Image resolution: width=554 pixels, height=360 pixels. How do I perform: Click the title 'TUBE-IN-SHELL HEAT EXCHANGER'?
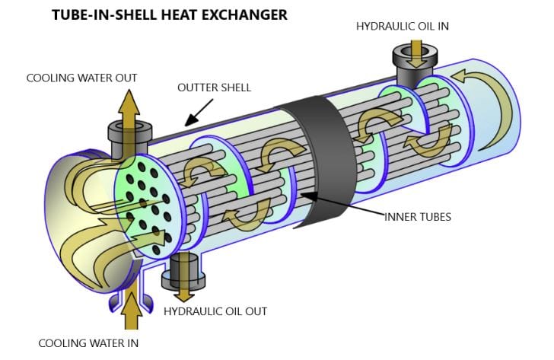169,14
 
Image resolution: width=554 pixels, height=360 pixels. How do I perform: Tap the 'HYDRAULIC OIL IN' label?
403,27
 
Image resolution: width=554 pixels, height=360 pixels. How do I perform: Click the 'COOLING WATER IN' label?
88,342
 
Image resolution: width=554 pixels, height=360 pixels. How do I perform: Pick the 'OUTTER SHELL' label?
214,88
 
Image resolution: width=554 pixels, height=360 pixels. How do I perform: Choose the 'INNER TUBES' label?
418,217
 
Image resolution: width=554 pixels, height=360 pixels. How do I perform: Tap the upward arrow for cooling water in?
132,314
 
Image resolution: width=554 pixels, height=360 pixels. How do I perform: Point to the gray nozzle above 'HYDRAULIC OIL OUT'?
183,267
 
